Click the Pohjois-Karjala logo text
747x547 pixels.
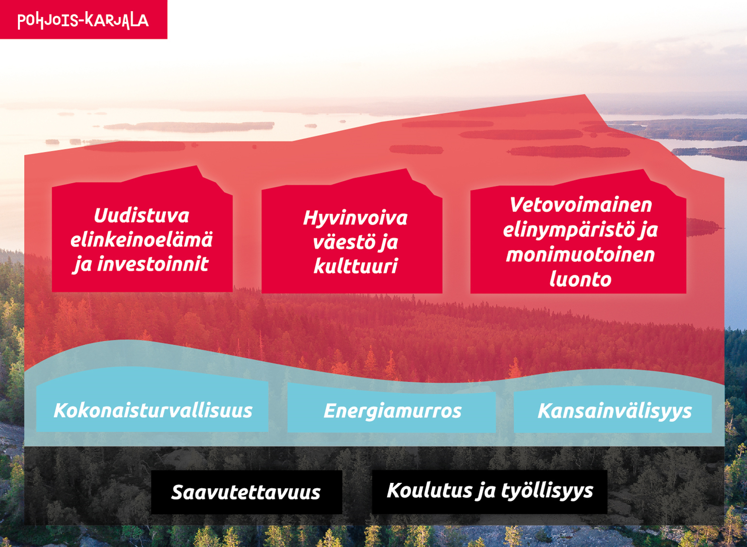coord(83,20)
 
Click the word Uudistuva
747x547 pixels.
coord(142,215)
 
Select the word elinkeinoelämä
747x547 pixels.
coord(142,239)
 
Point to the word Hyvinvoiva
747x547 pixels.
coord(355,218)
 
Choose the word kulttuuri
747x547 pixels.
coord(356,266)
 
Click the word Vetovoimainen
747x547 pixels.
coord(580,205)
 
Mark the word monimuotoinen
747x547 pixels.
coord(580,254)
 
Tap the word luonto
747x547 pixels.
coord(580,279)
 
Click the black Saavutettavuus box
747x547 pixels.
coord(246,492)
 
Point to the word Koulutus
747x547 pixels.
coord(429,490)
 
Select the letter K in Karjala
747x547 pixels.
coord(91,20)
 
